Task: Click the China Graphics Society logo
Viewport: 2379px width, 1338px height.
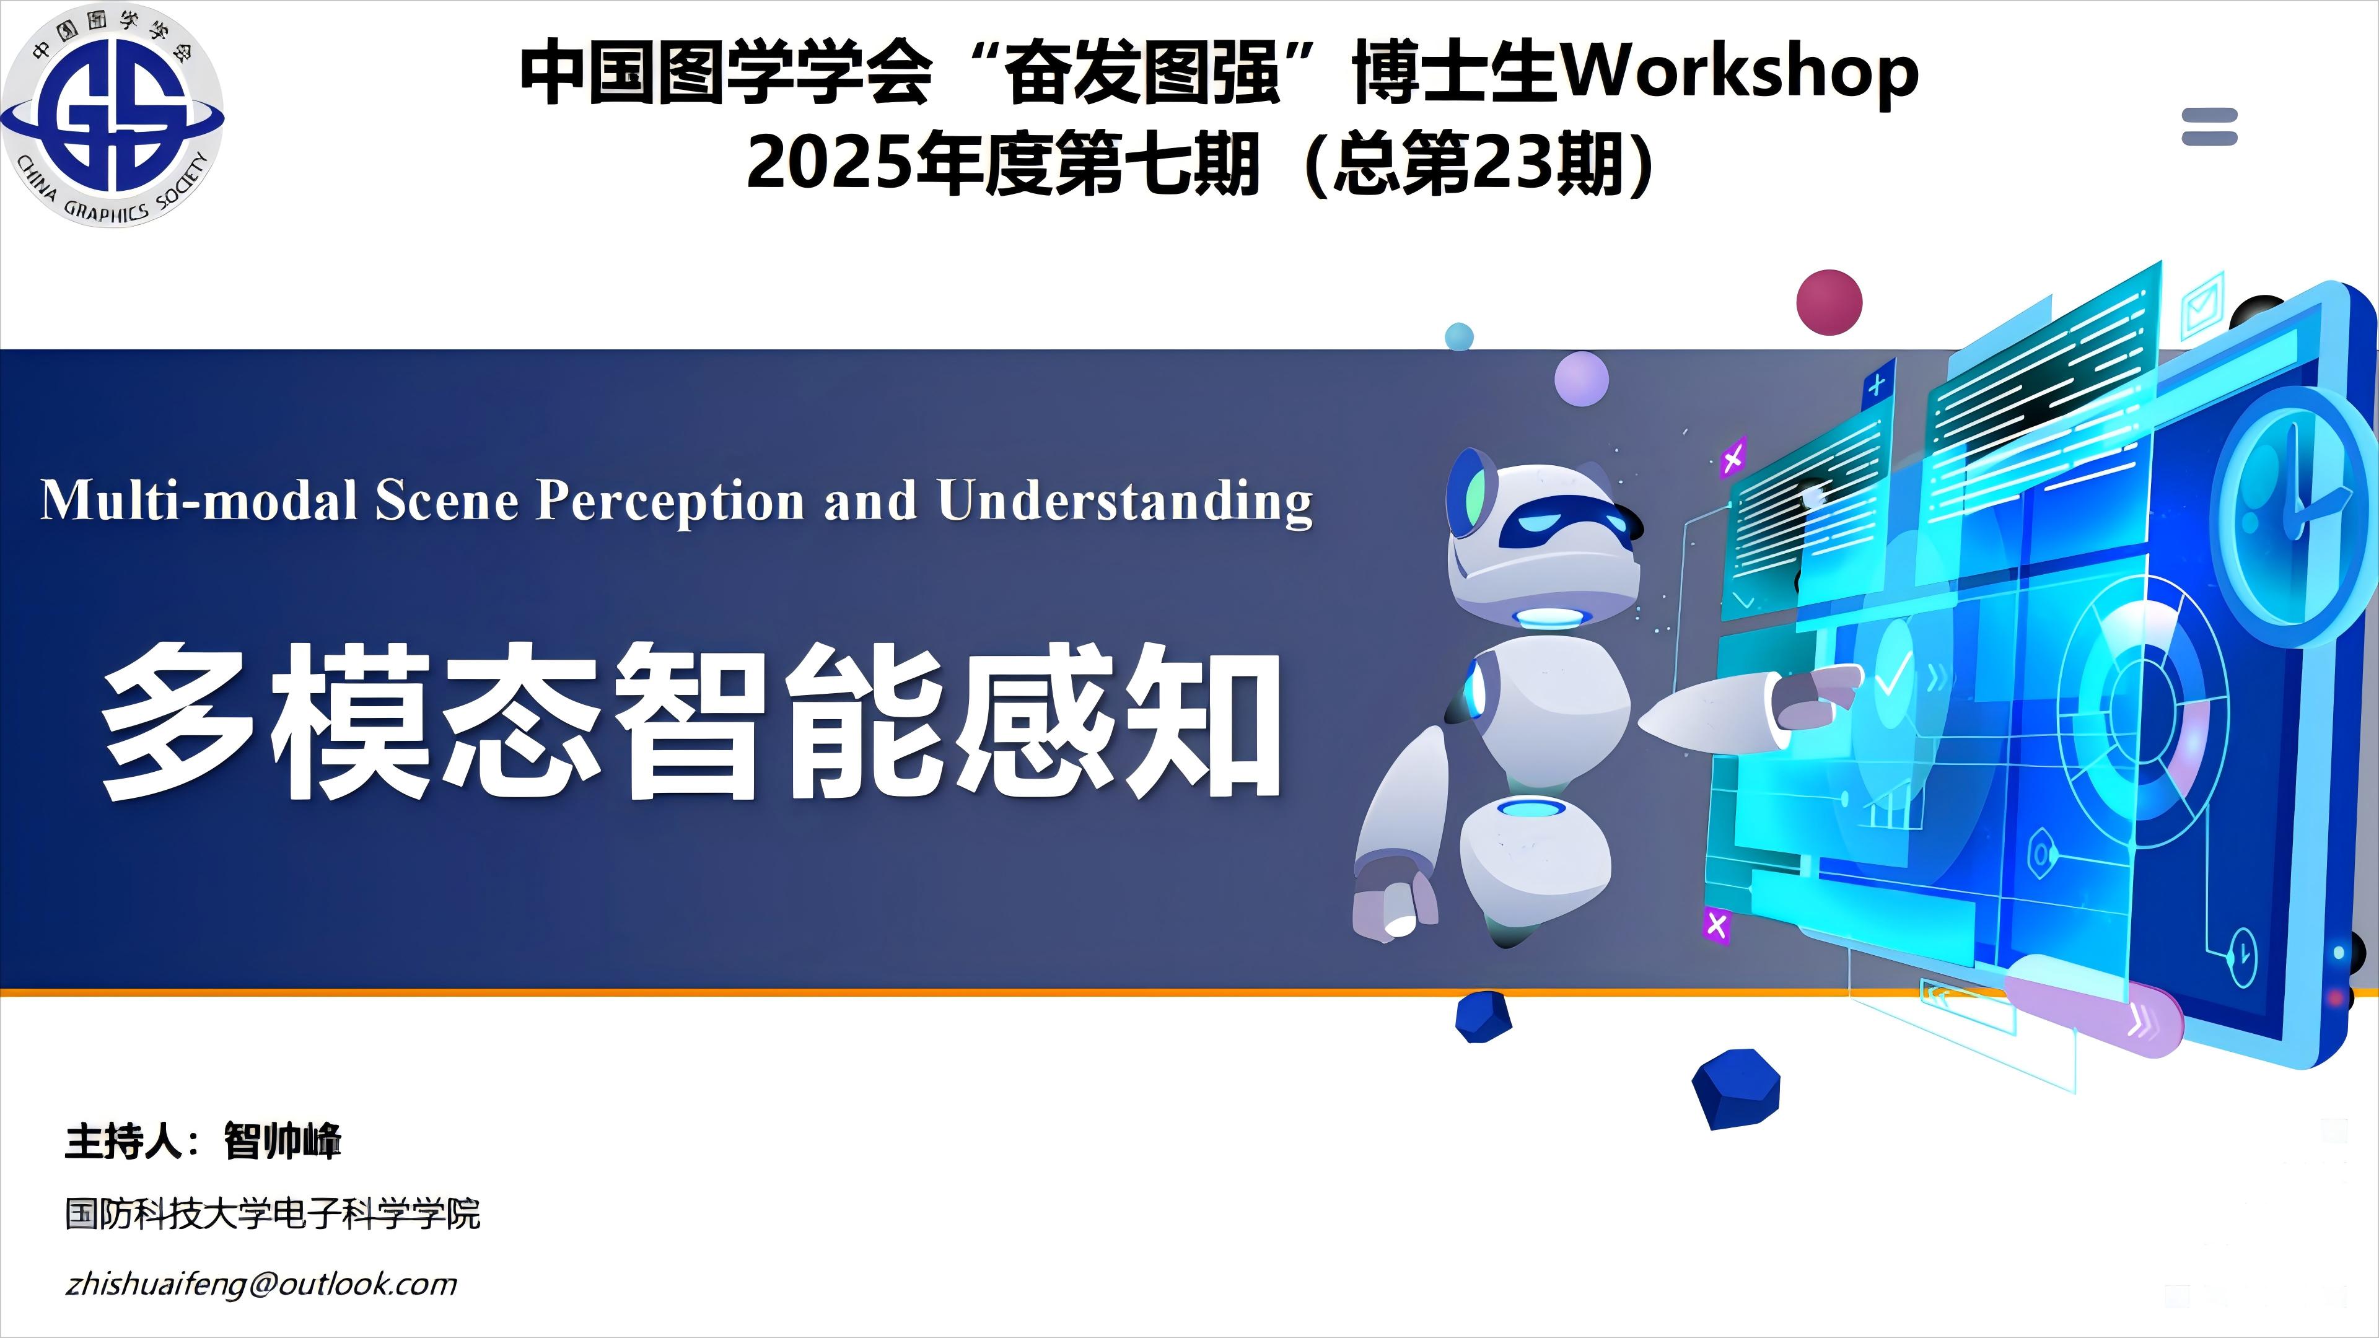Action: pos(112,115)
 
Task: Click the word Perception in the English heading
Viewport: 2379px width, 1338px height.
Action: pos(672,501)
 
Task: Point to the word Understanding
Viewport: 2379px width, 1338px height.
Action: pos(1125,501)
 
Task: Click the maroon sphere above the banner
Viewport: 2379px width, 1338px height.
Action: pos(1829,302)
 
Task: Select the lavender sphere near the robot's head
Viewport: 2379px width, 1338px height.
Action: pos(1581,378)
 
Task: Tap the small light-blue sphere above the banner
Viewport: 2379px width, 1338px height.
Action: pos(1459,336)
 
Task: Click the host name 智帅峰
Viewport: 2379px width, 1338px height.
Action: pos(283,1141)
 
